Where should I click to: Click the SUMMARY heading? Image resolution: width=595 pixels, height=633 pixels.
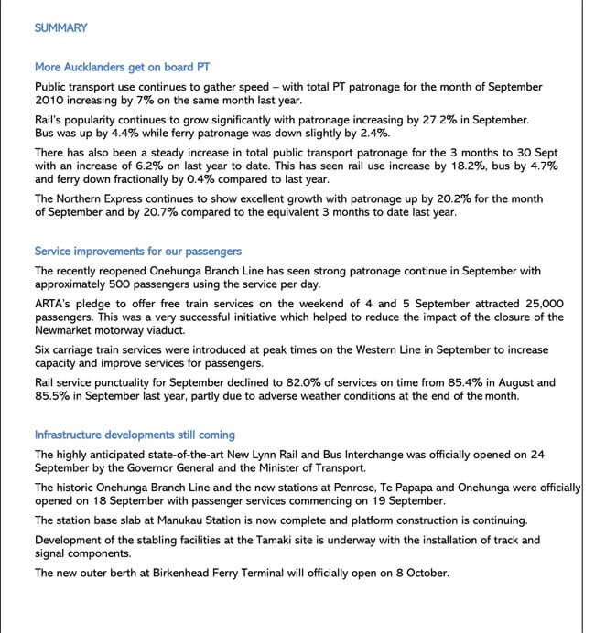click(60, 28)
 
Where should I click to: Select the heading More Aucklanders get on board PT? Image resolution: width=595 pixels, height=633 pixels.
click(123, 67)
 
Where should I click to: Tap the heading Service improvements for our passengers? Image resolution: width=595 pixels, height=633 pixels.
click(138, 251)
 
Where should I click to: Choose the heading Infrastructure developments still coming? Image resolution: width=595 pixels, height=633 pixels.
click(135, 435)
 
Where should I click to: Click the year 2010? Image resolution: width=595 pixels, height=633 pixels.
click(51, 101)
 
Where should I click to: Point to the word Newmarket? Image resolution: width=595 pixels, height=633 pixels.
click(68, 330)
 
